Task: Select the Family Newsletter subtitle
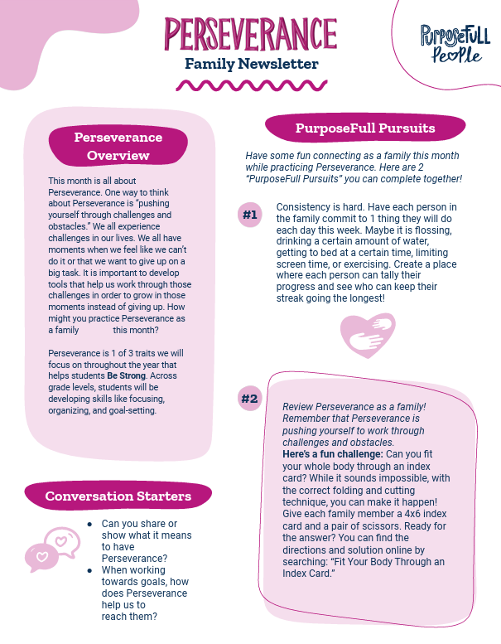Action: click(251, 63)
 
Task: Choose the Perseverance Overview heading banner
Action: click(118, 146)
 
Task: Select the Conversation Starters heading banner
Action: click(118, 496)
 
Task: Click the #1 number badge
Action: click(249, 215)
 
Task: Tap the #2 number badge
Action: click(249, 399)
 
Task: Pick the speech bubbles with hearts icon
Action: click(54, 549)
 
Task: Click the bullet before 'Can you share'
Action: click(89, 525)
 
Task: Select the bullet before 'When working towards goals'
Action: click(89, 570)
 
